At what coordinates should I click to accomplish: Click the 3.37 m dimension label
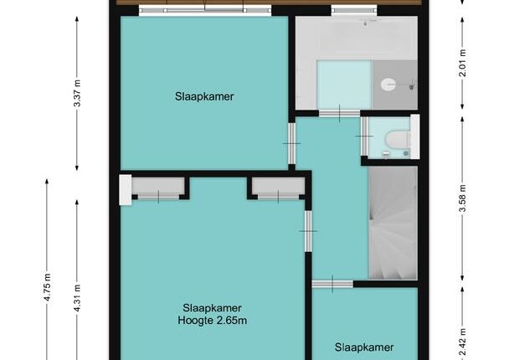pos(77,93)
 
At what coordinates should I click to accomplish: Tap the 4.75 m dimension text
pos(48,287)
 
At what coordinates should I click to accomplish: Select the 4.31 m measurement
pos(77,298)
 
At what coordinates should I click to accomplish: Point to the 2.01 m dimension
pos(463,63)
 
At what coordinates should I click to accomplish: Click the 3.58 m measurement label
pos(463,198)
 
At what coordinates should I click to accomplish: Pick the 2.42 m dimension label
pos(463,342)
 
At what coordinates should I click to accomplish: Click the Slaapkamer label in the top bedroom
pos(204,96)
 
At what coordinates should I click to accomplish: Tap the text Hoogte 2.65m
pos(213,321)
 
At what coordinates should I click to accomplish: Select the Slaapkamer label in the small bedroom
pos(364,347)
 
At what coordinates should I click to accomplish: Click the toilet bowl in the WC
pos(398,140)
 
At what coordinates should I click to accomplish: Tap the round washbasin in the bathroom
pos(388,85)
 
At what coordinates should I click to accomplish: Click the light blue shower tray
pos(344,85)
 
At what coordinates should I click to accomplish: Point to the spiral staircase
pos(393,223)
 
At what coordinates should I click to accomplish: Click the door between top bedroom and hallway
pos(292,143)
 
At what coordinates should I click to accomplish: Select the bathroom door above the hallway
pos(340,113)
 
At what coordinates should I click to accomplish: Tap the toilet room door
pos(364,136)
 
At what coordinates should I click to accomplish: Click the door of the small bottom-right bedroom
pos(332,284)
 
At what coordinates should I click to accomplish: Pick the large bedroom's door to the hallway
pos(308,231)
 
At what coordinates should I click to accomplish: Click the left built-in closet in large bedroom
pos(158,188)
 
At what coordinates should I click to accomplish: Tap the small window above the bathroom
pos(354,11)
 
